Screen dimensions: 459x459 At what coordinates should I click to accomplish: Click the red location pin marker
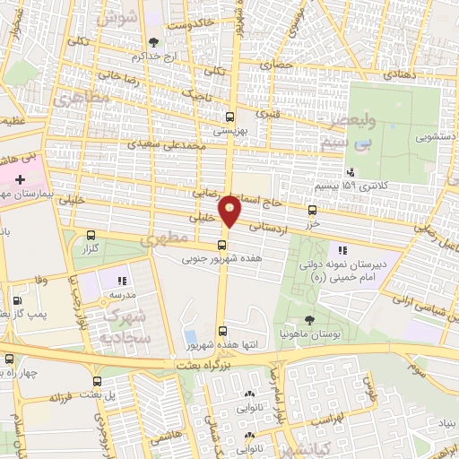click(230, 211)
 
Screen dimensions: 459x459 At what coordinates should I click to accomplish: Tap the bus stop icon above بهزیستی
click(229, 117)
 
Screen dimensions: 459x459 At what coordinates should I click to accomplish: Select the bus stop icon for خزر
click(312, 211)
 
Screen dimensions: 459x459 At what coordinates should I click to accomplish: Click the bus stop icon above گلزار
click(91, 237)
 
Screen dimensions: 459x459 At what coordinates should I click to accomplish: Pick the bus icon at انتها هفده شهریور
click(222, 330)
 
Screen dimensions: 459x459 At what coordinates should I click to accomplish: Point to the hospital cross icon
click(21, 180)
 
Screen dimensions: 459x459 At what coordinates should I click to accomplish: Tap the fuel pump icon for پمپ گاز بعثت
click(15, 302)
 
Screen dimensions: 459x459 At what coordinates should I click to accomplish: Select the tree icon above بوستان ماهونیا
click(309, 320)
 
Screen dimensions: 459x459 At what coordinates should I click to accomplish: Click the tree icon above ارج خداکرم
click(153, 42)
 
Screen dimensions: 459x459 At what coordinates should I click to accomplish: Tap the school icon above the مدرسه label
click(123, 281)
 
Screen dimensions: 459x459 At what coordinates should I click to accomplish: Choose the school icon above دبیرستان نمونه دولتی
click(342, 250)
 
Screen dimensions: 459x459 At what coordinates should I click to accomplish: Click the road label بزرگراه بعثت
click(195, 367)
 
